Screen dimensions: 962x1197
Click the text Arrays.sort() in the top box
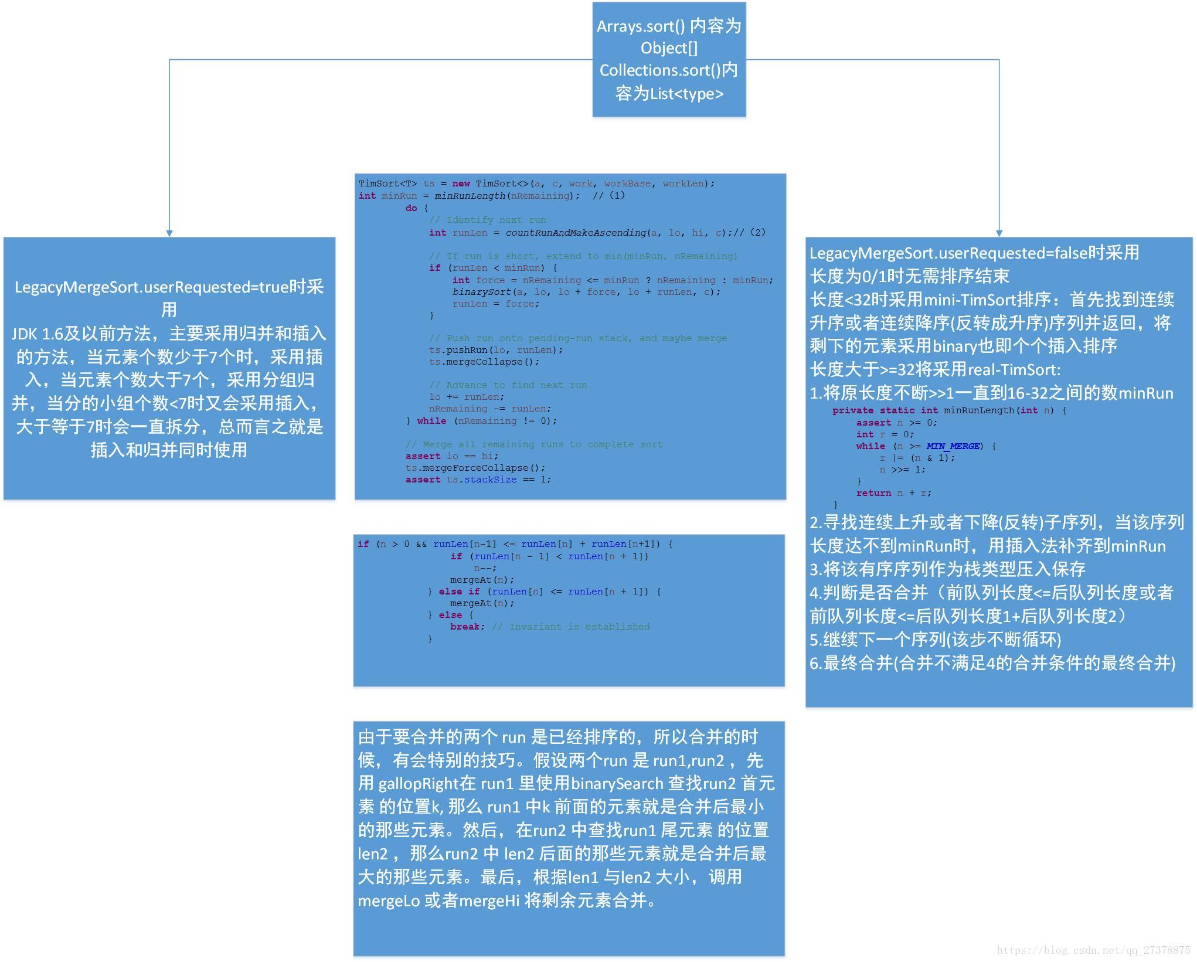pos(641,26)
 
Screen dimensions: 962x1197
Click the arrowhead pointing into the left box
pos(169,233)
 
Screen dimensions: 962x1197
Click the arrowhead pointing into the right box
pos(999,233)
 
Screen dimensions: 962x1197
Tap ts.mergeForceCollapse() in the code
pos(475,468)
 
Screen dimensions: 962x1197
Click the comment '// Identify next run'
pos(487,220)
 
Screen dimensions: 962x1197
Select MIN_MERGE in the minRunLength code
pos(953,446)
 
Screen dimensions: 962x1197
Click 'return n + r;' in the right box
pos(893,493)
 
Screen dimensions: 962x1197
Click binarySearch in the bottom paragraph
pos(617,784)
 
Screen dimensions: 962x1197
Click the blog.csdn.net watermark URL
pos(1093,950)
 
